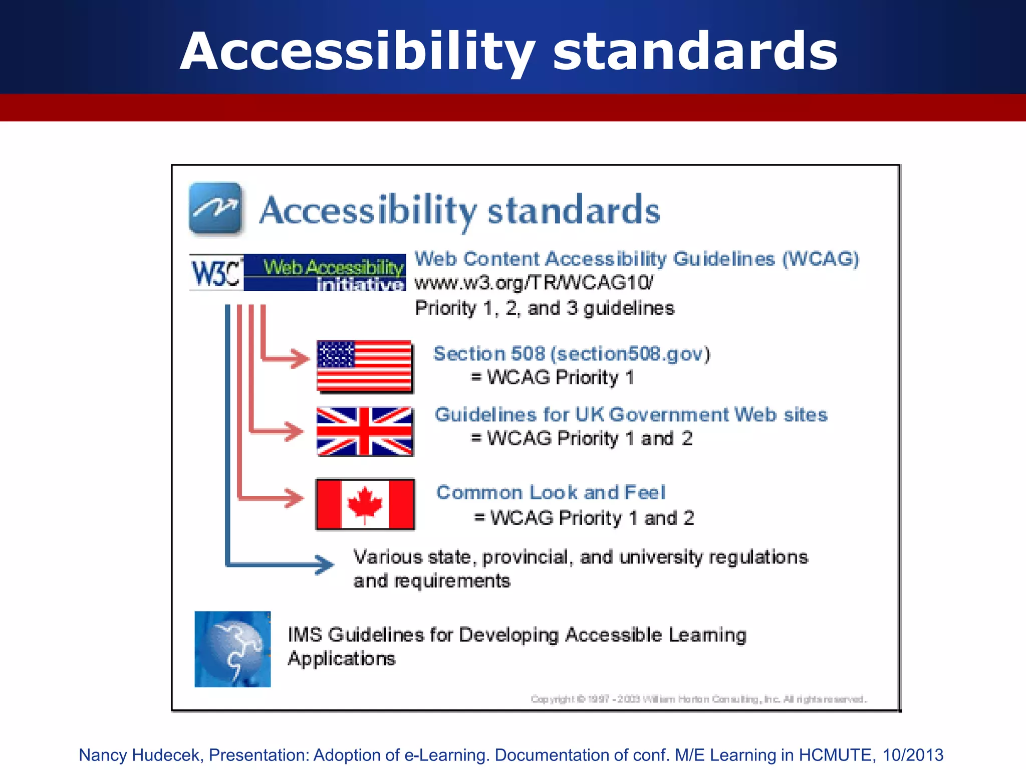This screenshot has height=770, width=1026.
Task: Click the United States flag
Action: tap(364, 366)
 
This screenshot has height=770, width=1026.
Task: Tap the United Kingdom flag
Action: tap(364, 432)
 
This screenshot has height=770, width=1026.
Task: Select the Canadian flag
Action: tap(365, 504)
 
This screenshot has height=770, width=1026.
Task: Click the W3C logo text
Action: tap(215, 273)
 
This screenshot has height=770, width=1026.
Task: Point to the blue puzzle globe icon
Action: tap(232, 649)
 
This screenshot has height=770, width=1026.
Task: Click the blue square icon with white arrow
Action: tap(216, 209)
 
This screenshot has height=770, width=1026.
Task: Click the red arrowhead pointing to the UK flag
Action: tap(295, 431)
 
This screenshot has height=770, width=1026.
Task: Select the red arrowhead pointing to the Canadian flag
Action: tap(296, 498)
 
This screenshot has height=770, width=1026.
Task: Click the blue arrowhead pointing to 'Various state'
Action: tap(325, 564)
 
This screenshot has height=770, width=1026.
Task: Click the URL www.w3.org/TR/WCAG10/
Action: tap(534, 283)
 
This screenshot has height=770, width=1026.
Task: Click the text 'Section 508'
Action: tap(489, 354)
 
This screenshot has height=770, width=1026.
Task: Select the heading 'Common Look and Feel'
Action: tap(551, 493)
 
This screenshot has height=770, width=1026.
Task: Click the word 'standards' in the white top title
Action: tap(695, 52)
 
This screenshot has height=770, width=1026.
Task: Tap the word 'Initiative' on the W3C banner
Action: tap(360, 285)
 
